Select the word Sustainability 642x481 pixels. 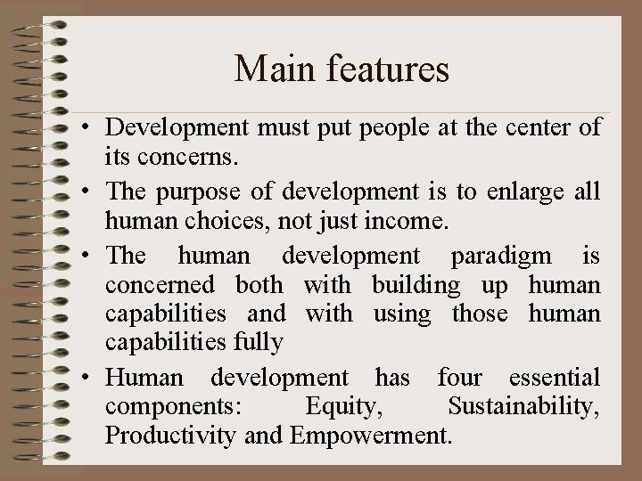pyautogui.click(x=524, y=407)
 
